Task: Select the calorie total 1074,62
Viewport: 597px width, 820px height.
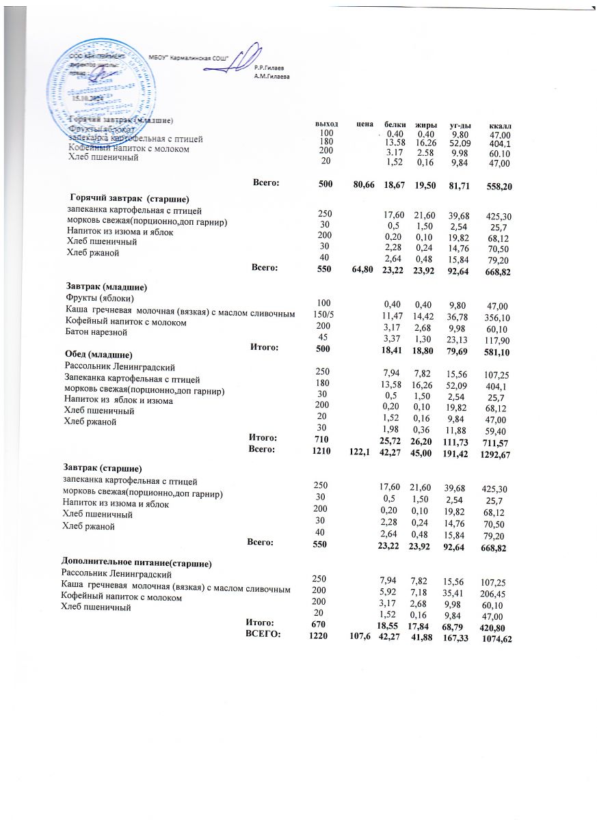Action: click(497, 639)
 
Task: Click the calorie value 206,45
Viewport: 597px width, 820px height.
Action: click(496, 594)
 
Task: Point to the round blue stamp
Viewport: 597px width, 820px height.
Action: click(88, 77)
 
